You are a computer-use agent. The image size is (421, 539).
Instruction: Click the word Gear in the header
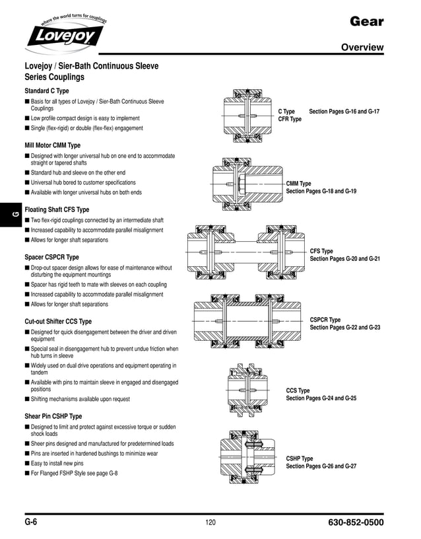tap(367, 22)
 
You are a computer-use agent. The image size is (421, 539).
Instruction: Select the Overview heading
tap(362, 48)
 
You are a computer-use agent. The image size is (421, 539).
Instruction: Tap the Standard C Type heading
tap(47, 90)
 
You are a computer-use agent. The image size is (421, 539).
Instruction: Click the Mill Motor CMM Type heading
tap(53, 145)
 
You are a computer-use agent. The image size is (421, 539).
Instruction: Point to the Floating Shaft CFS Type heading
tap(57, 209)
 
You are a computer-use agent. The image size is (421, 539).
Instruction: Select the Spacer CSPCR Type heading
tap(51, 257)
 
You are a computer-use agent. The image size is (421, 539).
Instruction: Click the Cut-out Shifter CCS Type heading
tap(58, 321)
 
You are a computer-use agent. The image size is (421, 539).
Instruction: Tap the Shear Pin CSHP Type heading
tap(53, 416)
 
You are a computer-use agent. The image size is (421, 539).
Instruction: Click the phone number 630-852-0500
tap(355, 522)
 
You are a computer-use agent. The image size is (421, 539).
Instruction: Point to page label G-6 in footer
tap(31, 522)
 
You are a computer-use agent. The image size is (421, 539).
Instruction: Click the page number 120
tap(210, 523)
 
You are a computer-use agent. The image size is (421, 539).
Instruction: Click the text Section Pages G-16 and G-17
tap(344, 112)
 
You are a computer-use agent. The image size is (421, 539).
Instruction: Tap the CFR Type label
tap(290, 120)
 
